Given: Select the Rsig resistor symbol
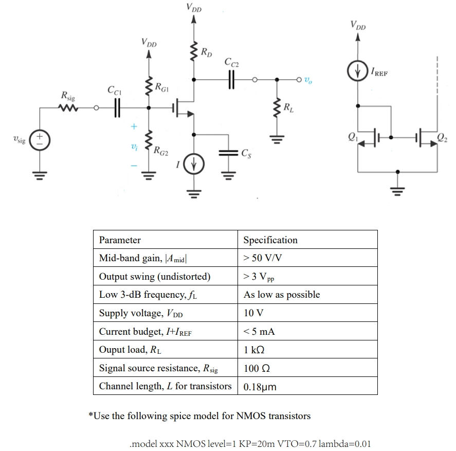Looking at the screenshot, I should [67, 108].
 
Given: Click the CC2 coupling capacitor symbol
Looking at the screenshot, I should [231, 80].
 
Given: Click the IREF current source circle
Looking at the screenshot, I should [358, 73].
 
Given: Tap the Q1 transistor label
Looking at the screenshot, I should [352, 137].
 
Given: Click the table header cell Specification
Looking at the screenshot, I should [270, 240].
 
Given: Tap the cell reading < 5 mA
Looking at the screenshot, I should [259, 332].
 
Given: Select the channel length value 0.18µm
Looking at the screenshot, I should [260, 387].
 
